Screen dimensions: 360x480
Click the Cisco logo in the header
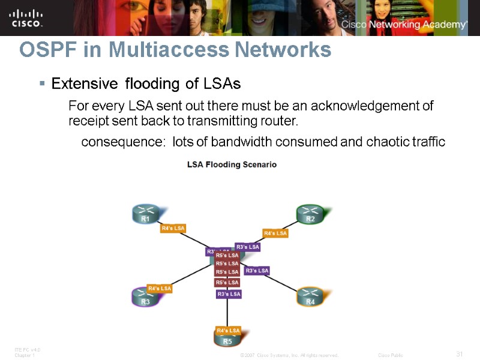pos(26,17)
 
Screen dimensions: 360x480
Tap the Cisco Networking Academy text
pos(404,25)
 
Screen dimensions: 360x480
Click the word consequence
pos(124,142)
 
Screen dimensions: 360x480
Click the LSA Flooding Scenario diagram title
pos(232,164)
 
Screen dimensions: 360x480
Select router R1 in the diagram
pos(145,215)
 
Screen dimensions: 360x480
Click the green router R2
pos(310,215)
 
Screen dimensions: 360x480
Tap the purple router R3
pos(145,297)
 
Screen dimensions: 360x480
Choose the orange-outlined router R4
pos(310,297)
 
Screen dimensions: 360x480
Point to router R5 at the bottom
pos(227,338)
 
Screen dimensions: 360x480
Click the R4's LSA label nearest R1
pos(173,228)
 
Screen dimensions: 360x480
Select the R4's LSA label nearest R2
pos(275,233)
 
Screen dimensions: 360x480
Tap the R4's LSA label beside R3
pos(160,289)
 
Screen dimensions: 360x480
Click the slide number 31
pos(459,354)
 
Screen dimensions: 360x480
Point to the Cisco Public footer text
pos(391,355)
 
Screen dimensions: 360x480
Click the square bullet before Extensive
pos(41,83)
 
